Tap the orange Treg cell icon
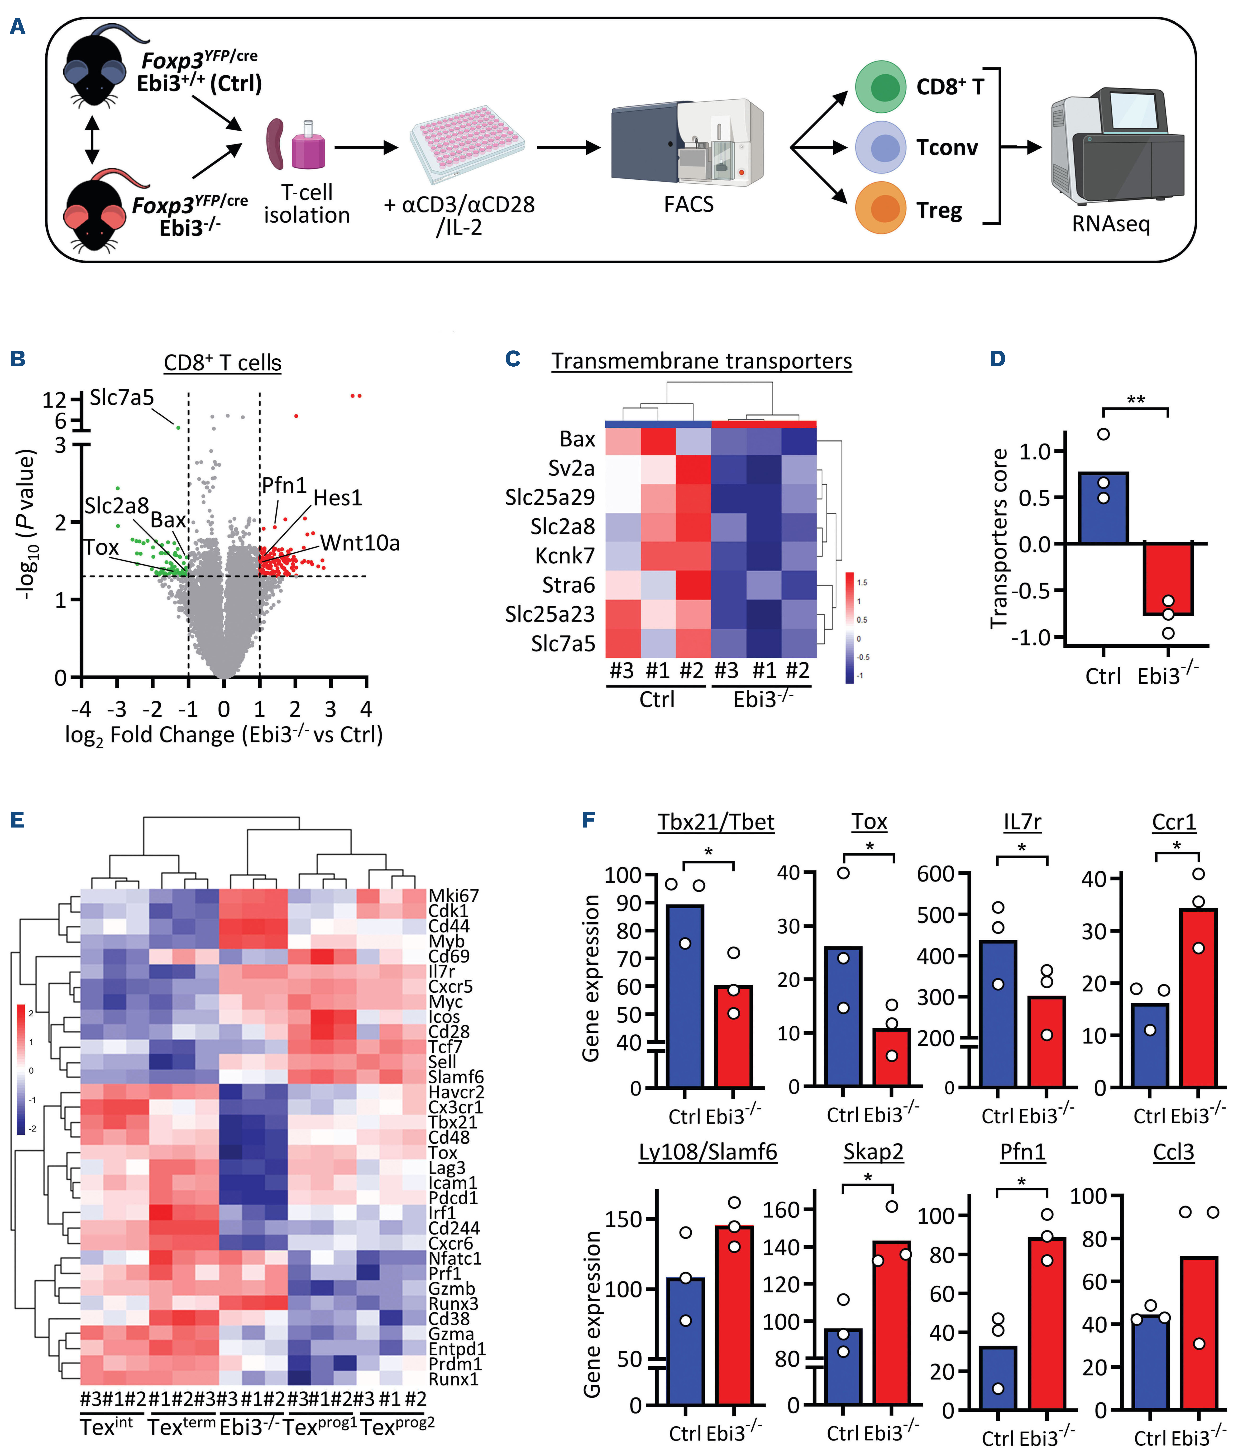point(881,208)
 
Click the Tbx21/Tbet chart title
point(716,822)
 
